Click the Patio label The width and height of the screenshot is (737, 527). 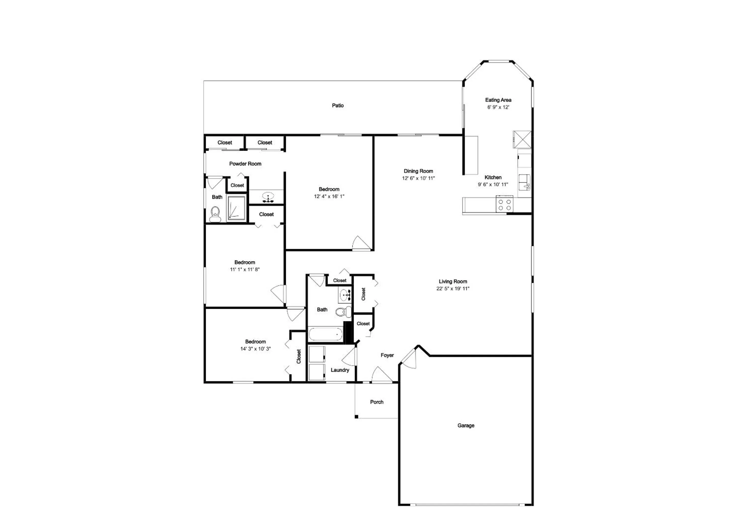point(338,105)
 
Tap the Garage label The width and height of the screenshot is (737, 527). point(466,425)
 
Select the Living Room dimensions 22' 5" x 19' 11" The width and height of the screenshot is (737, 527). point(453,289)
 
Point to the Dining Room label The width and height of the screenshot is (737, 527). point(418,171)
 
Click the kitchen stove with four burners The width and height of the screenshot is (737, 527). point(504,204)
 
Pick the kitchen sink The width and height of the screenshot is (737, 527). point(524,182)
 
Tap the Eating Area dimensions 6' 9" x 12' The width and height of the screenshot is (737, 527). point(498,107)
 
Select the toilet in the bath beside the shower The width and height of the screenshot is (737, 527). point(215,214)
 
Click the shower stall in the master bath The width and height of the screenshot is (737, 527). point(236,207)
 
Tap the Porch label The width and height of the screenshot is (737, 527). point(377,402)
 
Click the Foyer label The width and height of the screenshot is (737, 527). point(387,355)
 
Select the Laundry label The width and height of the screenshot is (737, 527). point(340,370)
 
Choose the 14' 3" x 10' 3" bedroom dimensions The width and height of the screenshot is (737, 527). point(255,349)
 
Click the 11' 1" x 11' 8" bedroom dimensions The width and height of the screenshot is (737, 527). point(245,269)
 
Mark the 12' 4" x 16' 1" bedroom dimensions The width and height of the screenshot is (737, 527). point(329,196)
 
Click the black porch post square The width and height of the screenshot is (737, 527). point(356,417)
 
